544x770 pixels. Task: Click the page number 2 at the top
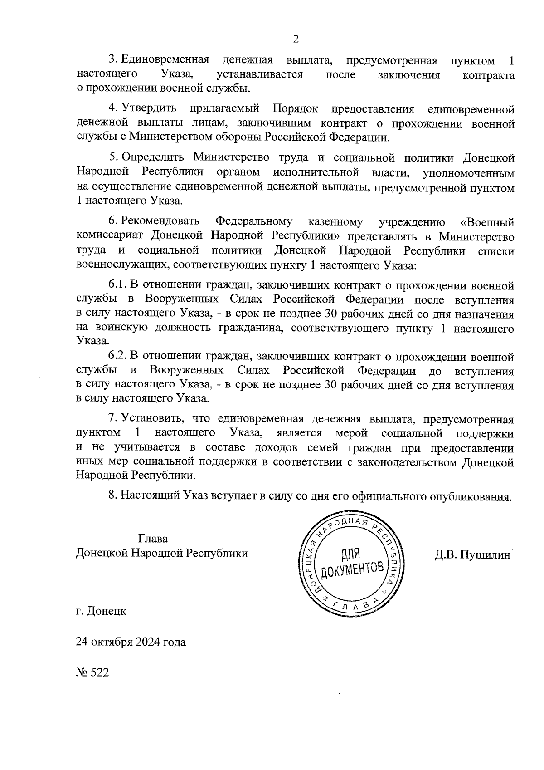(x=296, y=39)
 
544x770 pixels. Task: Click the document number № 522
(x=92, y=672)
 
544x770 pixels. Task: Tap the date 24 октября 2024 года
(x=131, y=642)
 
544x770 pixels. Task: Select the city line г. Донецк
(x=101, y=611)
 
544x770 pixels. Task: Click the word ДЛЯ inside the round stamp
(x=350, y=553)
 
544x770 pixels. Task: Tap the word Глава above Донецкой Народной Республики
(x=153, y=539)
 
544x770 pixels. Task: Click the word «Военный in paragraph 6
(x=487, y=222)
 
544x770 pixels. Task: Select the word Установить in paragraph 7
(x=153, y=418)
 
